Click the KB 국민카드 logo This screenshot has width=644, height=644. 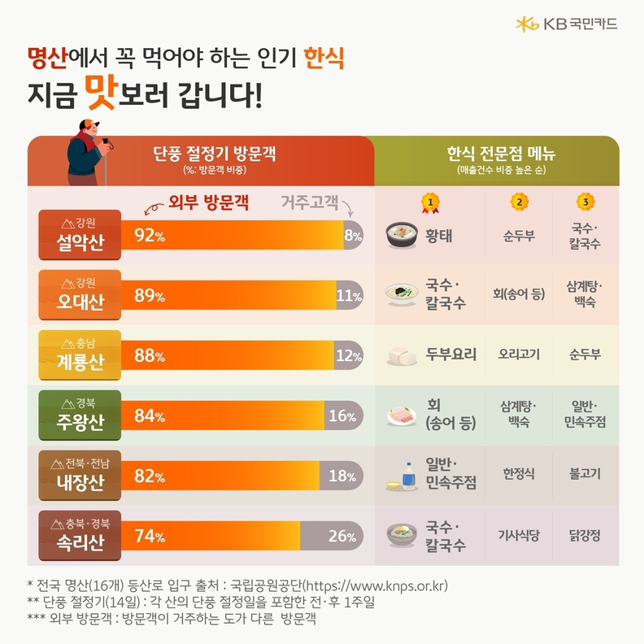(x=566, y=24)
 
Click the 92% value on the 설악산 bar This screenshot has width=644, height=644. (x=150, y=237)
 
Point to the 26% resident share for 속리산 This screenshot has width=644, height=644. (x=342, y=537)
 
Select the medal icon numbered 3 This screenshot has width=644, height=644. (x=584, y=202)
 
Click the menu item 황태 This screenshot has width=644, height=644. (x=439, y=236)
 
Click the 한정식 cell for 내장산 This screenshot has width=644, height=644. (x=518, y=474)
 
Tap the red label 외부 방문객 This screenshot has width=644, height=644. (x=207, y=203)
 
